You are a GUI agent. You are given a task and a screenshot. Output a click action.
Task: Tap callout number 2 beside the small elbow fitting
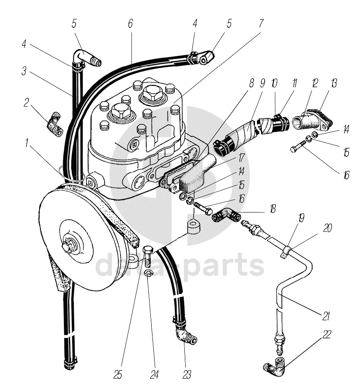coord(26,103)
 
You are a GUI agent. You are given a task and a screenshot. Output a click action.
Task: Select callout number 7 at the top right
coord(261,23)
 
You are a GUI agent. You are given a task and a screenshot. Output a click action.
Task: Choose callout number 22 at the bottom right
coord(326,335)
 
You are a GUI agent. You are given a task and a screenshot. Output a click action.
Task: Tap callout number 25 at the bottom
coord(118,374)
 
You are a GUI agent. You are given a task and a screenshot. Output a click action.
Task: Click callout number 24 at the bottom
coord(155,374)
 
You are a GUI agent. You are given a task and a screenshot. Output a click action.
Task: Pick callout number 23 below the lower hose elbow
coord(187,374)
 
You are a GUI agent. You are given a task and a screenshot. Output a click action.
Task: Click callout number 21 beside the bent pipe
coord(326,316)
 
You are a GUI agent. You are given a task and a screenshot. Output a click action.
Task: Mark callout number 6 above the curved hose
coord(130,23)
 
